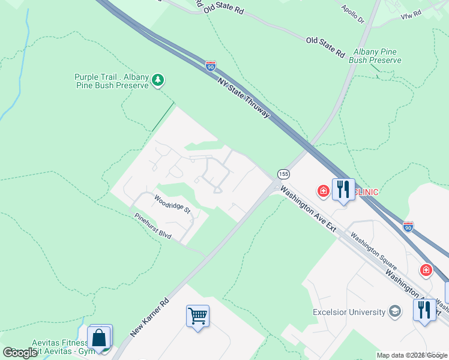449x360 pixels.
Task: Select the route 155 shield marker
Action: click(x=284, y=174)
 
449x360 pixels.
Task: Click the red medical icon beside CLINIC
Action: click(x=324, y=191)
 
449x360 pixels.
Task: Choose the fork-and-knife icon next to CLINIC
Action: click(x=343, y=190)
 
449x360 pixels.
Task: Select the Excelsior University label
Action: click(x=349, y=312)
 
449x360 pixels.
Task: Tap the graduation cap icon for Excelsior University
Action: click(x=395, y=311)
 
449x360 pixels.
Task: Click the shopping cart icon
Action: click(x=197, y=314)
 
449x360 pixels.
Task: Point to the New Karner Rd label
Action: click(x=149, y=315)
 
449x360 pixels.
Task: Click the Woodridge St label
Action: click(x=172, y=205)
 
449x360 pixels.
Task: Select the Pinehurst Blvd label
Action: click(x=152, y=226)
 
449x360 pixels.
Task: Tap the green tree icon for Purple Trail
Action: click(x=158, y=80)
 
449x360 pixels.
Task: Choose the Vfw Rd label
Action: click(x=411, y=14)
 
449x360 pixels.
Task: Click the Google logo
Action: click(x=20, y=352)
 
